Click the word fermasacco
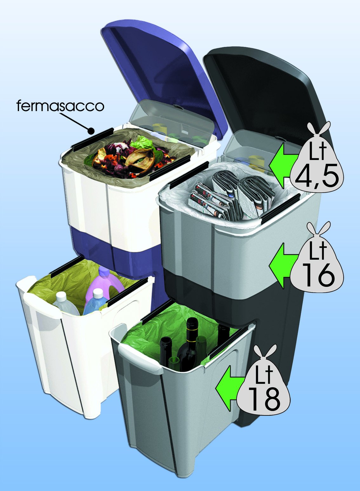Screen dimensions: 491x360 point(60,106)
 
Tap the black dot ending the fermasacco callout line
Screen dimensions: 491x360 point(91,130)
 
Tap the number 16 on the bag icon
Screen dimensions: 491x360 point(318,275)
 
